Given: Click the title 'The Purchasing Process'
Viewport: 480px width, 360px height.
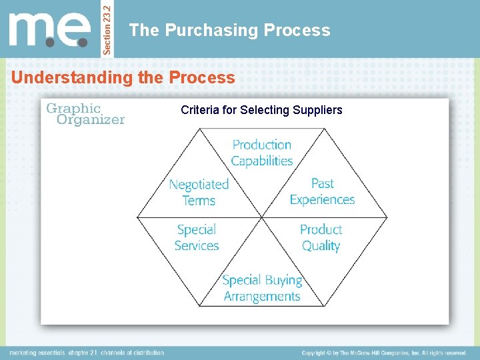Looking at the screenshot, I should (229, 30).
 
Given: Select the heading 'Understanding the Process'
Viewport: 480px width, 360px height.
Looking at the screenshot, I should (123, 77).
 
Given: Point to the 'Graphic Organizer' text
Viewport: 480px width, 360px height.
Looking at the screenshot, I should (84, 113).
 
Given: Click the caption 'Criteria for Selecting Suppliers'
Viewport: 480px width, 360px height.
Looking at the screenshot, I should (261, 109).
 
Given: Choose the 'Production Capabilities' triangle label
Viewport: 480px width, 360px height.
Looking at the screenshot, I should (262, 153).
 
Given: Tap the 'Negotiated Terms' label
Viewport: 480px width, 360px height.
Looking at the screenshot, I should (199, 192).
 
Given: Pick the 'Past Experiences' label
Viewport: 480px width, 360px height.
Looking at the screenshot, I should (322, 191).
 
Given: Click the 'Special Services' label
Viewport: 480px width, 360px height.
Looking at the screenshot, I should (197, 237).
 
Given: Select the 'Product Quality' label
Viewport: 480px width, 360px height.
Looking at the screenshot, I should (321, 237).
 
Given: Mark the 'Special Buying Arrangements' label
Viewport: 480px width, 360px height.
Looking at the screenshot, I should (262, 288).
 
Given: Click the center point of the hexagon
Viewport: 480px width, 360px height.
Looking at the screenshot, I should (262, 217).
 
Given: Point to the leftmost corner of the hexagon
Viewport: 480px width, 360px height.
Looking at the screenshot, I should (137, 217).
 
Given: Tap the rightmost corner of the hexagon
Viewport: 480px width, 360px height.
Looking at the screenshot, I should (387, 217).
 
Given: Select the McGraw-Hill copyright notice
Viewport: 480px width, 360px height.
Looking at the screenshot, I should (383, 352).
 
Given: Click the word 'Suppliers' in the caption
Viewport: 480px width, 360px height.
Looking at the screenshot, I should (317, 109).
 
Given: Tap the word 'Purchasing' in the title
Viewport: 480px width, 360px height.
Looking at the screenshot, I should (211, 30).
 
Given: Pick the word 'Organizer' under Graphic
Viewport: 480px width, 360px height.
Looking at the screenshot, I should (91, 120).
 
